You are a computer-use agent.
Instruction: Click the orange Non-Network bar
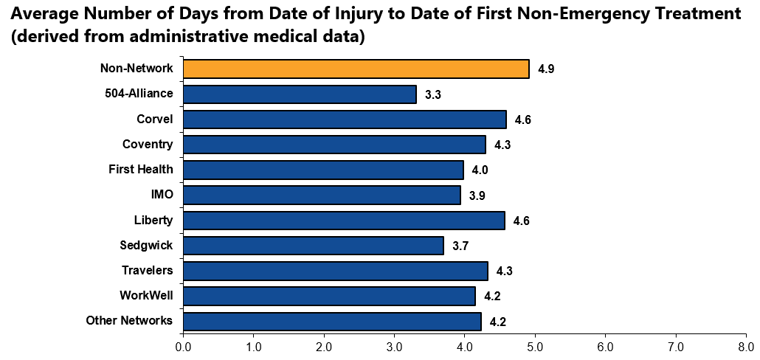356,69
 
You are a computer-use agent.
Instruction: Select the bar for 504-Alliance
300,94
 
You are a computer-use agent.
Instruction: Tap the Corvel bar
345,120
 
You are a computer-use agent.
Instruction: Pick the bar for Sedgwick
313,245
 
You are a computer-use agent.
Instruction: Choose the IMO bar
322,195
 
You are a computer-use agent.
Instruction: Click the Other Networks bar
332,321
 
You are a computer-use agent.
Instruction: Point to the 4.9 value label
546,69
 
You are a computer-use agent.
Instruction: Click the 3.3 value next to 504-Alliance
433,94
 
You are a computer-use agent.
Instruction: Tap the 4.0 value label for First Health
480,170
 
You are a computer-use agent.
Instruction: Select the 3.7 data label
460,246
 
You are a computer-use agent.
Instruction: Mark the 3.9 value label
477,195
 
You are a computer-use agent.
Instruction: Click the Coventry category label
148,144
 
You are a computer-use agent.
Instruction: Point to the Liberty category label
153,220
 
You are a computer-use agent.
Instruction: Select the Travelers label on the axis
148,270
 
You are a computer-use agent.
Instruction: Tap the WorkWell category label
146,295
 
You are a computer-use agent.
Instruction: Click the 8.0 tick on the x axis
746,345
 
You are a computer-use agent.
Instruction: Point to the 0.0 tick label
183,345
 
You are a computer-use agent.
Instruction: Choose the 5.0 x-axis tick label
535,345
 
